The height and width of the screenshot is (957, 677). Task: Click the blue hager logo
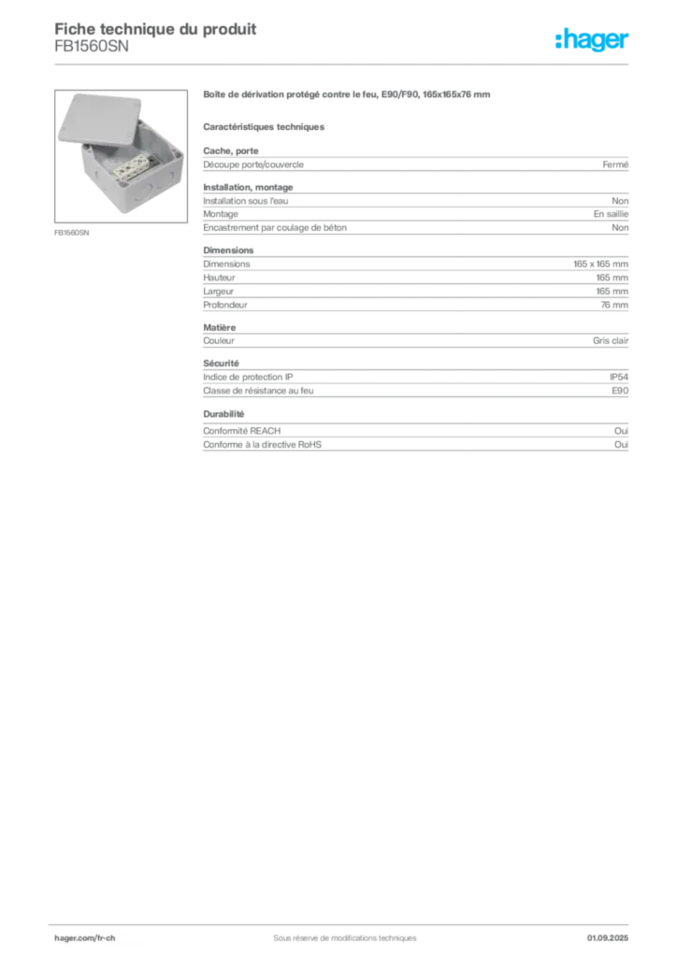tap(594, 41)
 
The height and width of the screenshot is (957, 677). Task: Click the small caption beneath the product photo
tap(73, 234)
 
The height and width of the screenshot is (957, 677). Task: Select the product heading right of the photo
tap(347, 96)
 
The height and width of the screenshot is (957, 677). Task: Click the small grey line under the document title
tap(93, 55)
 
